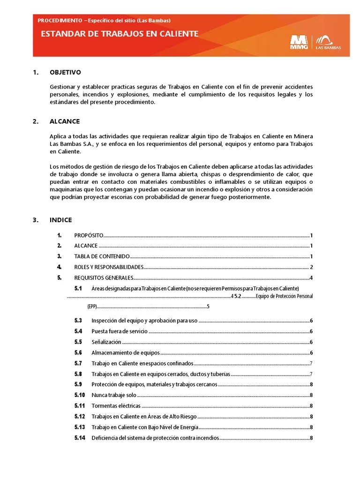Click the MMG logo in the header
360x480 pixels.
click(299, 42)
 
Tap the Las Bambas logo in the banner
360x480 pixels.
click(328, 42)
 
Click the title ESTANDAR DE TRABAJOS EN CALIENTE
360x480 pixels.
click(120, 34)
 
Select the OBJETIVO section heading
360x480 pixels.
click(65, 72)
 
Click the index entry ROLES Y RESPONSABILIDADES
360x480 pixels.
click(108, 267)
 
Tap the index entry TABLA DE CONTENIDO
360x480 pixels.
click(102, 256)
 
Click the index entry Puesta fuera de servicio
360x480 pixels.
click(120, 331)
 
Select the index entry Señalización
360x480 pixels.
click(106, 342)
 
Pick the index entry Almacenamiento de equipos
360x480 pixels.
click(126, 353)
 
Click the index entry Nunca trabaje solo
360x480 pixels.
click(114, 395)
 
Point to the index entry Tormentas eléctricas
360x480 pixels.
click(116, 406)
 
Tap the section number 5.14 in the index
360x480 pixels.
click(80, 438)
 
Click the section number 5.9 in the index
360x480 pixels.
click(78, 384)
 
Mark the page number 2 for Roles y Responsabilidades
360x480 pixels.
click(311, 267)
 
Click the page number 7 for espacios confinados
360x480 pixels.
click(311, 364)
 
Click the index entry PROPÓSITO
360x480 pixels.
click(89, 235)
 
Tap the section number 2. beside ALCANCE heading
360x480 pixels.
click(35, 121)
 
